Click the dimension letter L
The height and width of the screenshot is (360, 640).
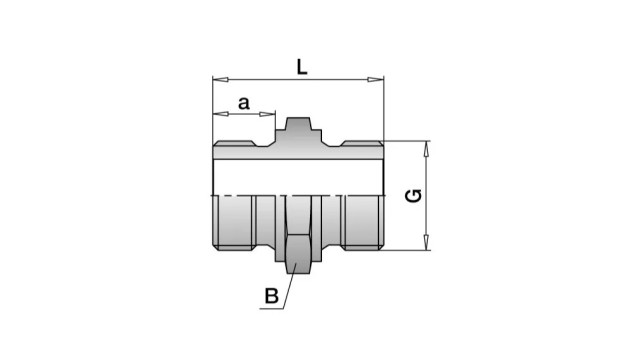(302, 67)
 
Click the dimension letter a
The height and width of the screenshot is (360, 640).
(244, 104)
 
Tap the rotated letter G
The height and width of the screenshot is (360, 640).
(413, 196)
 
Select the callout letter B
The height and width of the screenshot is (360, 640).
(271, 296)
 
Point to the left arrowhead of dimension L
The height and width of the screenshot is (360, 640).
(220, 80)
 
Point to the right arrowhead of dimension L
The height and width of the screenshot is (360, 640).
(376, 80)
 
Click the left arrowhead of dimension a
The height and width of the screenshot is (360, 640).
(220, 114)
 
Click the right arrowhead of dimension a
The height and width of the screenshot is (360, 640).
(267, 114)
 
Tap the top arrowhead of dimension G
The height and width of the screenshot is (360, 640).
(426, 149)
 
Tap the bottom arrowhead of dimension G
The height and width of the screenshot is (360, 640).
(426, 242)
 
